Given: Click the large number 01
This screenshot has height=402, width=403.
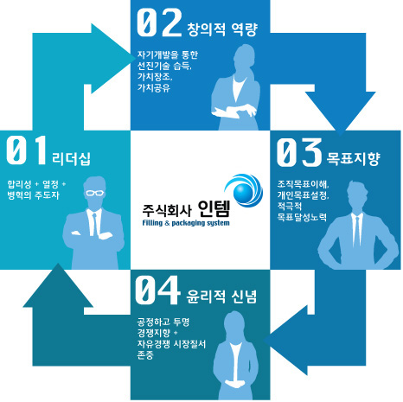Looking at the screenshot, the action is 27,150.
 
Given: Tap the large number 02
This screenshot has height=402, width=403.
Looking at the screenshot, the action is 159,22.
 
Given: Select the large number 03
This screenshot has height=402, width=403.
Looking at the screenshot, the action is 299,152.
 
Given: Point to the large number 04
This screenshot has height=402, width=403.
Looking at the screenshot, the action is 157,290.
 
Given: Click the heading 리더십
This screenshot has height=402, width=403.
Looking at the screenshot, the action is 72,159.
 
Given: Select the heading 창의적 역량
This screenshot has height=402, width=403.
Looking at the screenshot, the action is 221,29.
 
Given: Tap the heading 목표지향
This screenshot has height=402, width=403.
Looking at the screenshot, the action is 353,159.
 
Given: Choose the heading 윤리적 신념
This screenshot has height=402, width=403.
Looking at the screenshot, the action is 221,297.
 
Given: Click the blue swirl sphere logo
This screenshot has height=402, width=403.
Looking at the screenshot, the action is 244,190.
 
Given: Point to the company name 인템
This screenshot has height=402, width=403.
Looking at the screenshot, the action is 214,208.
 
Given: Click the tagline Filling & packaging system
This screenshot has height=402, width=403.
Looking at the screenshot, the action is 186,223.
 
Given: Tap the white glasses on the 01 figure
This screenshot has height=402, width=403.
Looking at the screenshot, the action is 95,193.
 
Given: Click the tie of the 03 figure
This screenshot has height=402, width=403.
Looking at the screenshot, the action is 357,232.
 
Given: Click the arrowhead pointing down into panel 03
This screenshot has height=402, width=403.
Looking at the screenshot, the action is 340,113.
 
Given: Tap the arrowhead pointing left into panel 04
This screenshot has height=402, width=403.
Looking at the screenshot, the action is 285,341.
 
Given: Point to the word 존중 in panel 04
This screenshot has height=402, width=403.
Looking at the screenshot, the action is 145,354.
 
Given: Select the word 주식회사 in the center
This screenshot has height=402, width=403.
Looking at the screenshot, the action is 167,210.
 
